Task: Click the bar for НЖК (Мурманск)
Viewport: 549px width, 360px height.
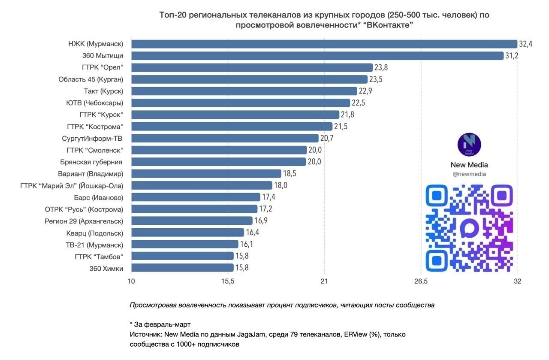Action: tap(324, 44)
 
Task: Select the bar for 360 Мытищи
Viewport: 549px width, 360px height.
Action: tap(317, 56)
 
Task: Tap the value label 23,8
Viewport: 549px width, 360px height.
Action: tap(381, 67)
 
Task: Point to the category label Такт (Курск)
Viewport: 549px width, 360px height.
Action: tap(103, 91)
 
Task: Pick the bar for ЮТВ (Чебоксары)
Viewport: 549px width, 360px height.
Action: tap(241, 103)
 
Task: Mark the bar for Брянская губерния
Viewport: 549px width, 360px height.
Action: tap(218, 162)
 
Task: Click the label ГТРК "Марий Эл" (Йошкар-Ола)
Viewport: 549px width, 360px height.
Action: tap(72, 185)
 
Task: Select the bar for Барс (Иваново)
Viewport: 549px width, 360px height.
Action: tap(196, 197)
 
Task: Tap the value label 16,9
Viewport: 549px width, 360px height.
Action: tap(261, 221)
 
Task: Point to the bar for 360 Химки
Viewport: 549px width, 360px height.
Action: tap(182, 268)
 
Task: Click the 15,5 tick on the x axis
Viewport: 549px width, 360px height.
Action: tap(227, 281)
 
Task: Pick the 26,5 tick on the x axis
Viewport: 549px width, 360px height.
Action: tap(421, 281)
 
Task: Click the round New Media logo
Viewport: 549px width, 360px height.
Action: tap(469, 145)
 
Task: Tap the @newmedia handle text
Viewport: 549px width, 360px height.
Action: tap(469, 174)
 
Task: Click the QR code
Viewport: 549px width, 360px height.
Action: tap(469, 228)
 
